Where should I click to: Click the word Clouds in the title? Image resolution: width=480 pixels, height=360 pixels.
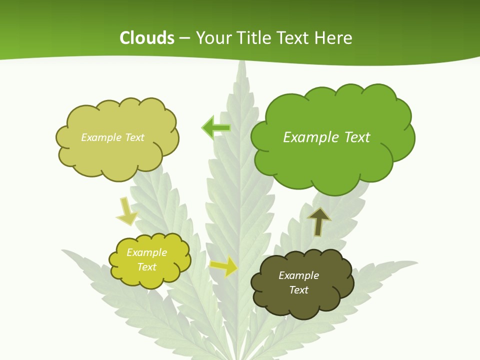click(x=147, y=38)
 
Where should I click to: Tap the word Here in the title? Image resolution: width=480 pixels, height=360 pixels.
click(x=334, y=38)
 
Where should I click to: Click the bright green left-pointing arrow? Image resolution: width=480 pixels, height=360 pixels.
click(x=216, y=128)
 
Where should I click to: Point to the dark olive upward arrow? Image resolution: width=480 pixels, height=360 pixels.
click(x=319, y=220)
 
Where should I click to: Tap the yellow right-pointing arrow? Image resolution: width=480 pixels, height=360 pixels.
click(x=224, y=266)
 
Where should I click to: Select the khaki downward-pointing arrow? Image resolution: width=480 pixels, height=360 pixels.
click(x=126, y=211)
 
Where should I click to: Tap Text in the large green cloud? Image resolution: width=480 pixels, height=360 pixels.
click(x=357, y=137)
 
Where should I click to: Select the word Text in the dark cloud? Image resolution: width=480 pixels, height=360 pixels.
click(x=299, y=290)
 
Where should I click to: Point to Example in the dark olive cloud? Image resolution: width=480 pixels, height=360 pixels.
click(x=298, y=275)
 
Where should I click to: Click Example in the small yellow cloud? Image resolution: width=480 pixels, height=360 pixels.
click(x=146, y=252)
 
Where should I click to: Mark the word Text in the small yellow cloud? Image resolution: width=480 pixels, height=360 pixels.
click(x=146, y=267)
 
